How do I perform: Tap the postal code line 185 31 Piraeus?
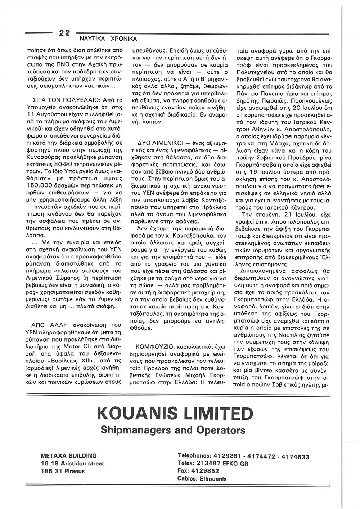click(63, 471)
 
